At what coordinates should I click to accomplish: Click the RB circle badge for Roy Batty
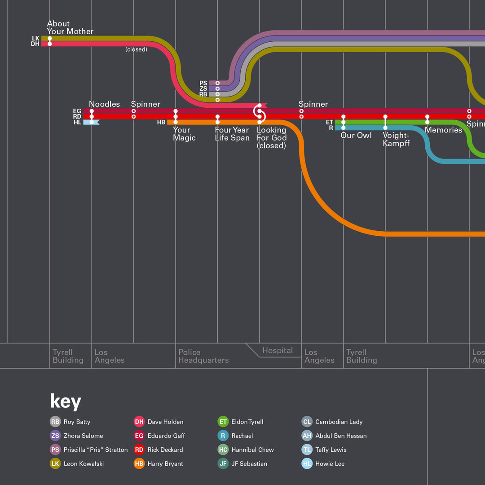(55, 422)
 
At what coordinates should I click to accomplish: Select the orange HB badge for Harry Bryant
(139, 463)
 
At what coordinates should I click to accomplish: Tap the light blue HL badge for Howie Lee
(307, 463)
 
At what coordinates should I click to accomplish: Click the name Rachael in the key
(242, 436)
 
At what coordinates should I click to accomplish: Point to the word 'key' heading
(66, 401)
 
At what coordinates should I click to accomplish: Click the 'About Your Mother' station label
(70, 27)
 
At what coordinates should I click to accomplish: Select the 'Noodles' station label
(104, 104)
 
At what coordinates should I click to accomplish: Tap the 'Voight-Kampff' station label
(396, 139)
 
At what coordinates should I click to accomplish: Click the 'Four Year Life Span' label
(232, 134)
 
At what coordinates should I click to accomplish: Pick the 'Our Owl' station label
(356, 135)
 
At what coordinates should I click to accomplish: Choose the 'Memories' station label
(443, 130)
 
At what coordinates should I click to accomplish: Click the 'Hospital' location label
(278, 351)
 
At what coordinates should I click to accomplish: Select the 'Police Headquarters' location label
(203, 356)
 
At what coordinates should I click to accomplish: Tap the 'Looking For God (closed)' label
(272, 137)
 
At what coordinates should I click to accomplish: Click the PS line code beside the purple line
(203, 83)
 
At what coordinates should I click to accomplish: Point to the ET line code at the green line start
(330, 122)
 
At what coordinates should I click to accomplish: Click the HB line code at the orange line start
(161, 122)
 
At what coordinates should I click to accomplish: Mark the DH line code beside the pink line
(35, 44)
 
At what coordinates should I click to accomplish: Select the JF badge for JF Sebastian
(223, 463)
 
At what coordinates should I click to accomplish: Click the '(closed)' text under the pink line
(136, 49)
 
